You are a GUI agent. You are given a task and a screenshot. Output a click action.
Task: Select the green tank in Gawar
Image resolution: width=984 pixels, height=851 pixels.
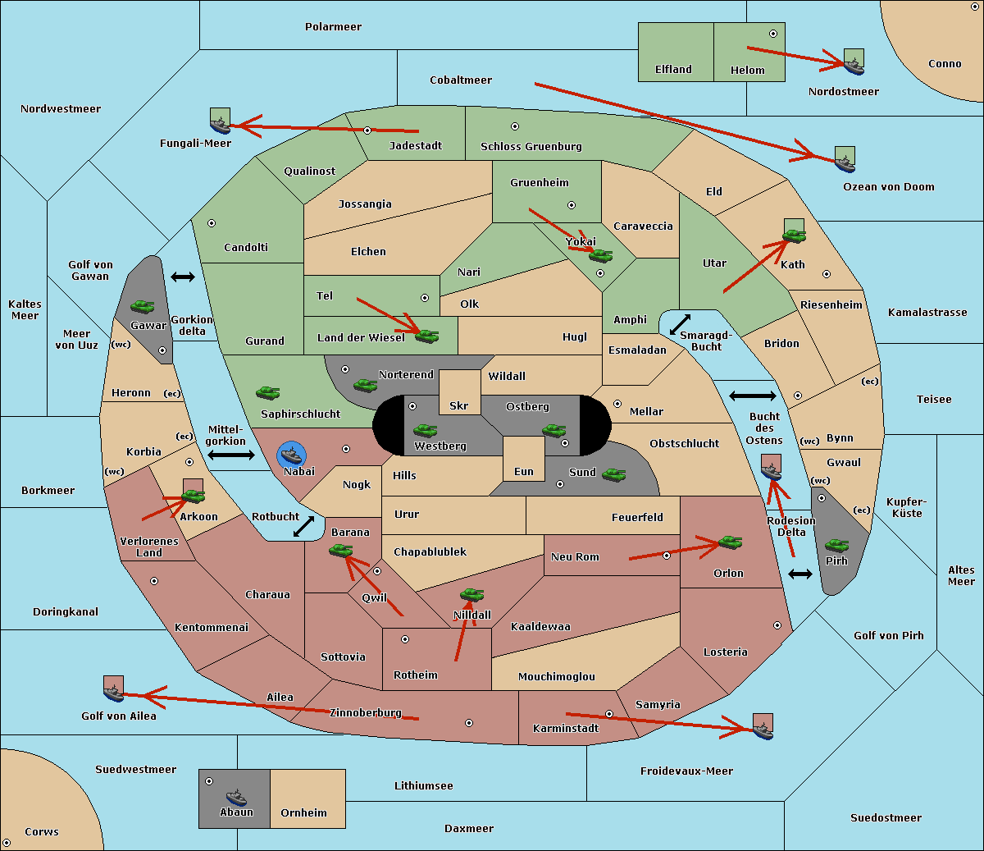(143, 306)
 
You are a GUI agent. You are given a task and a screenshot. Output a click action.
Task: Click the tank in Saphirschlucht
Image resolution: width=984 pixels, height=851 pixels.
(267, 392)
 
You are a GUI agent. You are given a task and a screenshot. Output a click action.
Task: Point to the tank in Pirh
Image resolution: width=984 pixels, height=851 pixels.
(836, 545)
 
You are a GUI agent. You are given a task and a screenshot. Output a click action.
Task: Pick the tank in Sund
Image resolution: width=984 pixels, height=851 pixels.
(613, 474)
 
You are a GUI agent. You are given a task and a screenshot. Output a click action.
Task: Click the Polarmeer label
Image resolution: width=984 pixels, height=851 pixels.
(333, 27)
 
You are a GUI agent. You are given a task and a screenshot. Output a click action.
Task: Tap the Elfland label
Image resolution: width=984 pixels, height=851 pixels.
(673, 70)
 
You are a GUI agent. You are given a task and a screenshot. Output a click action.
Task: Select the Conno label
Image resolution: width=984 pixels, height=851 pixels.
(945, 64)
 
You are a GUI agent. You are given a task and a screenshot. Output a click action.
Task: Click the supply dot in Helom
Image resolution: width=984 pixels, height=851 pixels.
(773, 34)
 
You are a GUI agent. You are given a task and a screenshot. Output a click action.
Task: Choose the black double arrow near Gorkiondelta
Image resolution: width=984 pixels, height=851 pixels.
(183, 277)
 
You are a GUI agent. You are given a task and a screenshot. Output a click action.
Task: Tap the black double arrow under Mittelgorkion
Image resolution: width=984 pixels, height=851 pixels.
(231, 455)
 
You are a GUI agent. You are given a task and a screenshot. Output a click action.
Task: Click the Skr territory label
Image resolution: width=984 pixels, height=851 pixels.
(459, 405)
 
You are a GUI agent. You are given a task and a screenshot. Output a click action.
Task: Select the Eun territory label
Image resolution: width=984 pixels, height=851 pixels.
(524, 471)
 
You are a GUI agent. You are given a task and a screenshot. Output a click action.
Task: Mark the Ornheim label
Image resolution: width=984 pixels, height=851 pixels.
(303, 812)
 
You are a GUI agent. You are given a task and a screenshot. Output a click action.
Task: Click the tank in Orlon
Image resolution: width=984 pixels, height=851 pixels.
(730, 542)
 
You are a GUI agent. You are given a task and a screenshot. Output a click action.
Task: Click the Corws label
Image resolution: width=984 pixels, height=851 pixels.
(42, 832)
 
